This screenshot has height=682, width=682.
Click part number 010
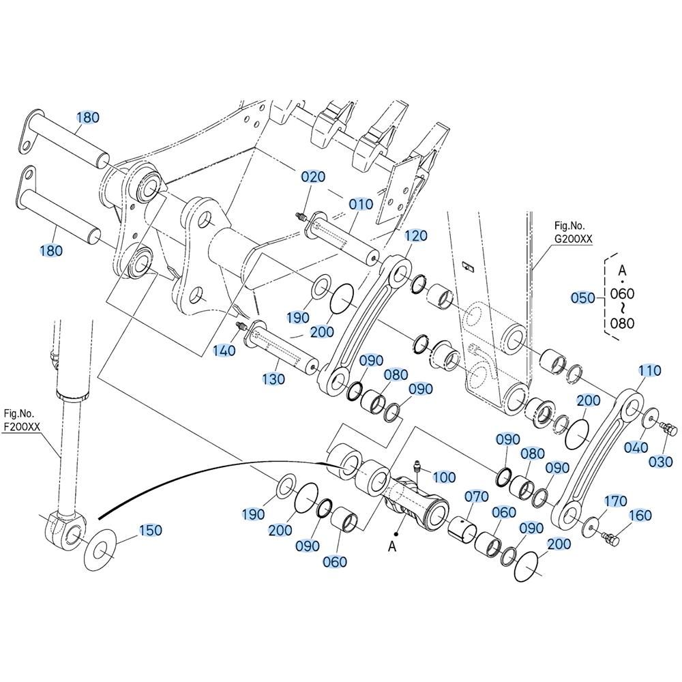point(361,204)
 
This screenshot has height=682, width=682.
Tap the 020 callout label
point(313,177)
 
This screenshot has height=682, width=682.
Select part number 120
point(416,236)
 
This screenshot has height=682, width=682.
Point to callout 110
point(650,370)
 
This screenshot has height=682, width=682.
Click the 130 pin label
point(273,379)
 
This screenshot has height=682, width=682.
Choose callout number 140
point(224,351)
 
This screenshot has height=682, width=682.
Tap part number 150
point(150,530)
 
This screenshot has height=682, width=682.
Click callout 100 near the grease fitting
point(444,477)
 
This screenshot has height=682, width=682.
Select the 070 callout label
point(477,496)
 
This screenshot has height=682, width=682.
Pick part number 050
point(583,298)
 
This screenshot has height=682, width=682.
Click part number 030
point(660,462)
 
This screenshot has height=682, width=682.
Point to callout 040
point(636,447)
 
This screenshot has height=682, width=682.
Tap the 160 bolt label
point(640,516)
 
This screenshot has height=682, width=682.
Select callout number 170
point(615,501)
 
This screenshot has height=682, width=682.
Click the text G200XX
point(574,239)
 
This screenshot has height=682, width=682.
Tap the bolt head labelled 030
point(668,430)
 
